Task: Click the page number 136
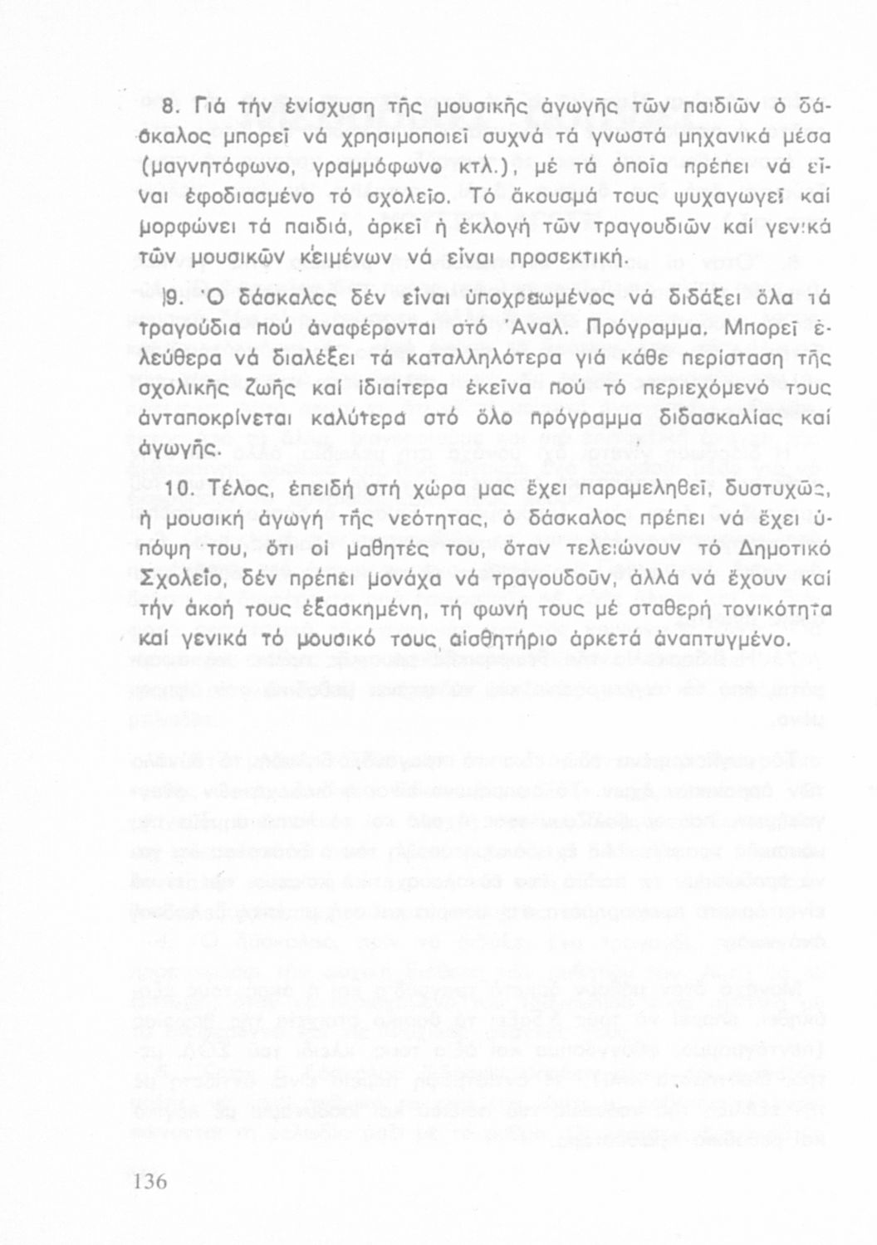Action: pyautogui.click(x=149, y=1181)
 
